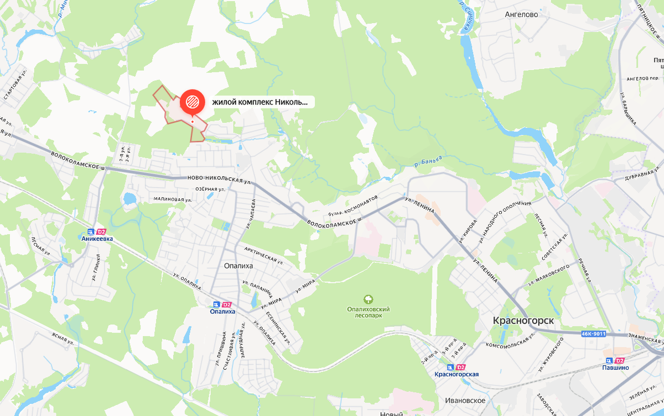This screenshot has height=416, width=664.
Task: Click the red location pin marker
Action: tap(192, 102)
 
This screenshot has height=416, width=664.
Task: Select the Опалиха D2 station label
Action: tap(222, 312)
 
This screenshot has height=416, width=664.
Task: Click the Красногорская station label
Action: tap(456, 375)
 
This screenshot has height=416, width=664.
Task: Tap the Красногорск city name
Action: tap(523, 321)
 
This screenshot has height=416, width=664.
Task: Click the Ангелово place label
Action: tap(521, 15)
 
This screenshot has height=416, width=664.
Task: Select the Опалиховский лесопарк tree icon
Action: tap(369, 299)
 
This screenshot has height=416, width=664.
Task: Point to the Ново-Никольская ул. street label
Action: tap(216, 179)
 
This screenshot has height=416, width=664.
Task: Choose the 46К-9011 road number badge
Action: tap(594, 334)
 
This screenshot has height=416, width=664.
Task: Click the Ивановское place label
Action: tap(465, 401)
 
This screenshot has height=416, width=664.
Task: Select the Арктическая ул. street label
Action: tap(263, 255)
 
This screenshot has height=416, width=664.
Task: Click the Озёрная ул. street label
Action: tap(210, 189)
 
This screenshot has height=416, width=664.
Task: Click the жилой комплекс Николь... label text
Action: tap(260, 102)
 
